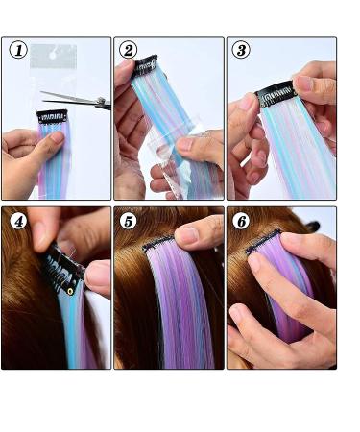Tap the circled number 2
[128, 50]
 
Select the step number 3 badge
[241, 50]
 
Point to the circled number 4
[17, 221]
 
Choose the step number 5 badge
[129, 221]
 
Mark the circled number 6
[241, 221]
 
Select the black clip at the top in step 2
[145, 66]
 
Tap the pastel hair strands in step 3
[302, 154]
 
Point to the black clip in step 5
[158, 244]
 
